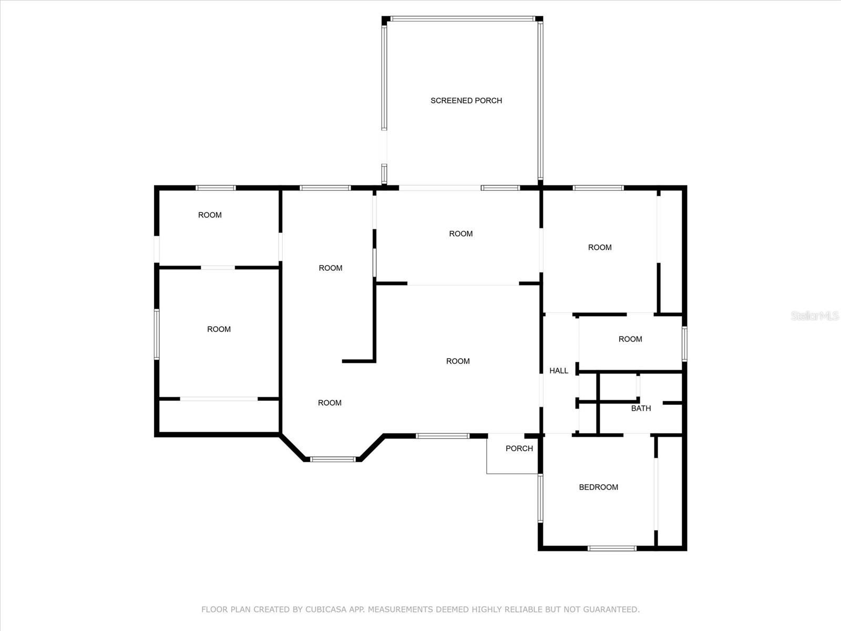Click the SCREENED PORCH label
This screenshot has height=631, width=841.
[466, 100]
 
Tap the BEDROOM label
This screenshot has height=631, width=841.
[598, 487]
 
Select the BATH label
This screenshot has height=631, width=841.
[641, 408]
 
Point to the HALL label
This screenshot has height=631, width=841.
[559, 371]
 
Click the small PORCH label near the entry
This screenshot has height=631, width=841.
[519, 449]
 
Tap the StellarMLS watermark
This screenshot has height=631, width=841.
[815, 315]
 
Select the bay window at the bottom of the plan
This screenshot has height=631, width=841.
[333, 460]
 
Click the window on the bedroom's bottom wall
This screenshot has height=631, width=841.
[612, 548]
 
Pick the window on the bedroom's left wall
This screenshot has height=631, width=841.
[540, 497]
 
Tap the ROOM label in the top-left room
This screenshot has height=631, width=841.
[210, 215]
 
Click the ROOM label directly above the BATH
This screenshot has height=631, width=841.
[630, 339]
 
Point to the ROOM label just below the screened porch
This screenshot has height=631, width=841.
[460, 234]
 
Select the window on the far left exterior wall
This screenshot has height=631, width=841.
[157, 334]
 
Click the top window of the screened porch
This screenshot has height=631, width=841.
[461, 19]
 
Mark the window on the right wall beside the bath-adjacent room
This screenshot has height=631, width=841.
[684, 344]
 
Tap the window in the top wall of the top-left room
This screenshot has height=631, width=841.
[216, 188]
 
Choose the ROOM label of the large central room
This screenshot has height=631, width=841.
[457, 361]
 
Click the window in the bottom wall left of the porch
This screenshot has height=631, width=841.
[442, 435]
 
